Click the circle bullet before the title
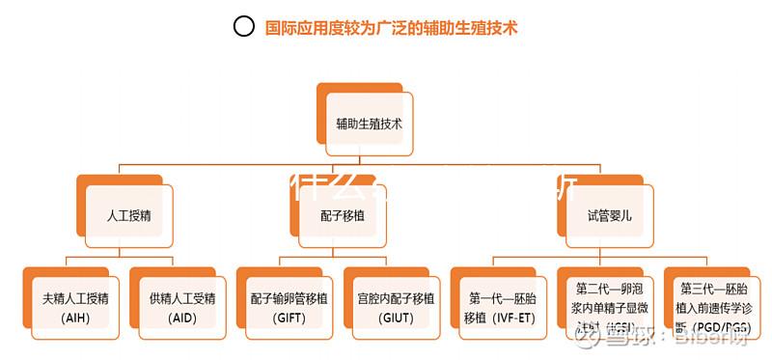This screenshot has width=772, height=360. click(244, 27)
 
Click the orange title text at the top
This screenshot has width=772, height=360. click(392, 28)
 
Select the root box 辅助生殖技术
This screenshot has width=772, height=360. click(369, 125)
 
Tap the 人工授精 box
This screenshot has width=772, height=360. click(128, 214)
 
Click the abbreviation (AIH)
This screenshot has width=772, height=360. click(74, 318)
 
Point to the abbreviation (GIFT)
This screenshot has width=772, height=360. click(289, 318)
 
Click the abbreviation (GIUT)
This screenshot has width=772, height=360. click(396, 318)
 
